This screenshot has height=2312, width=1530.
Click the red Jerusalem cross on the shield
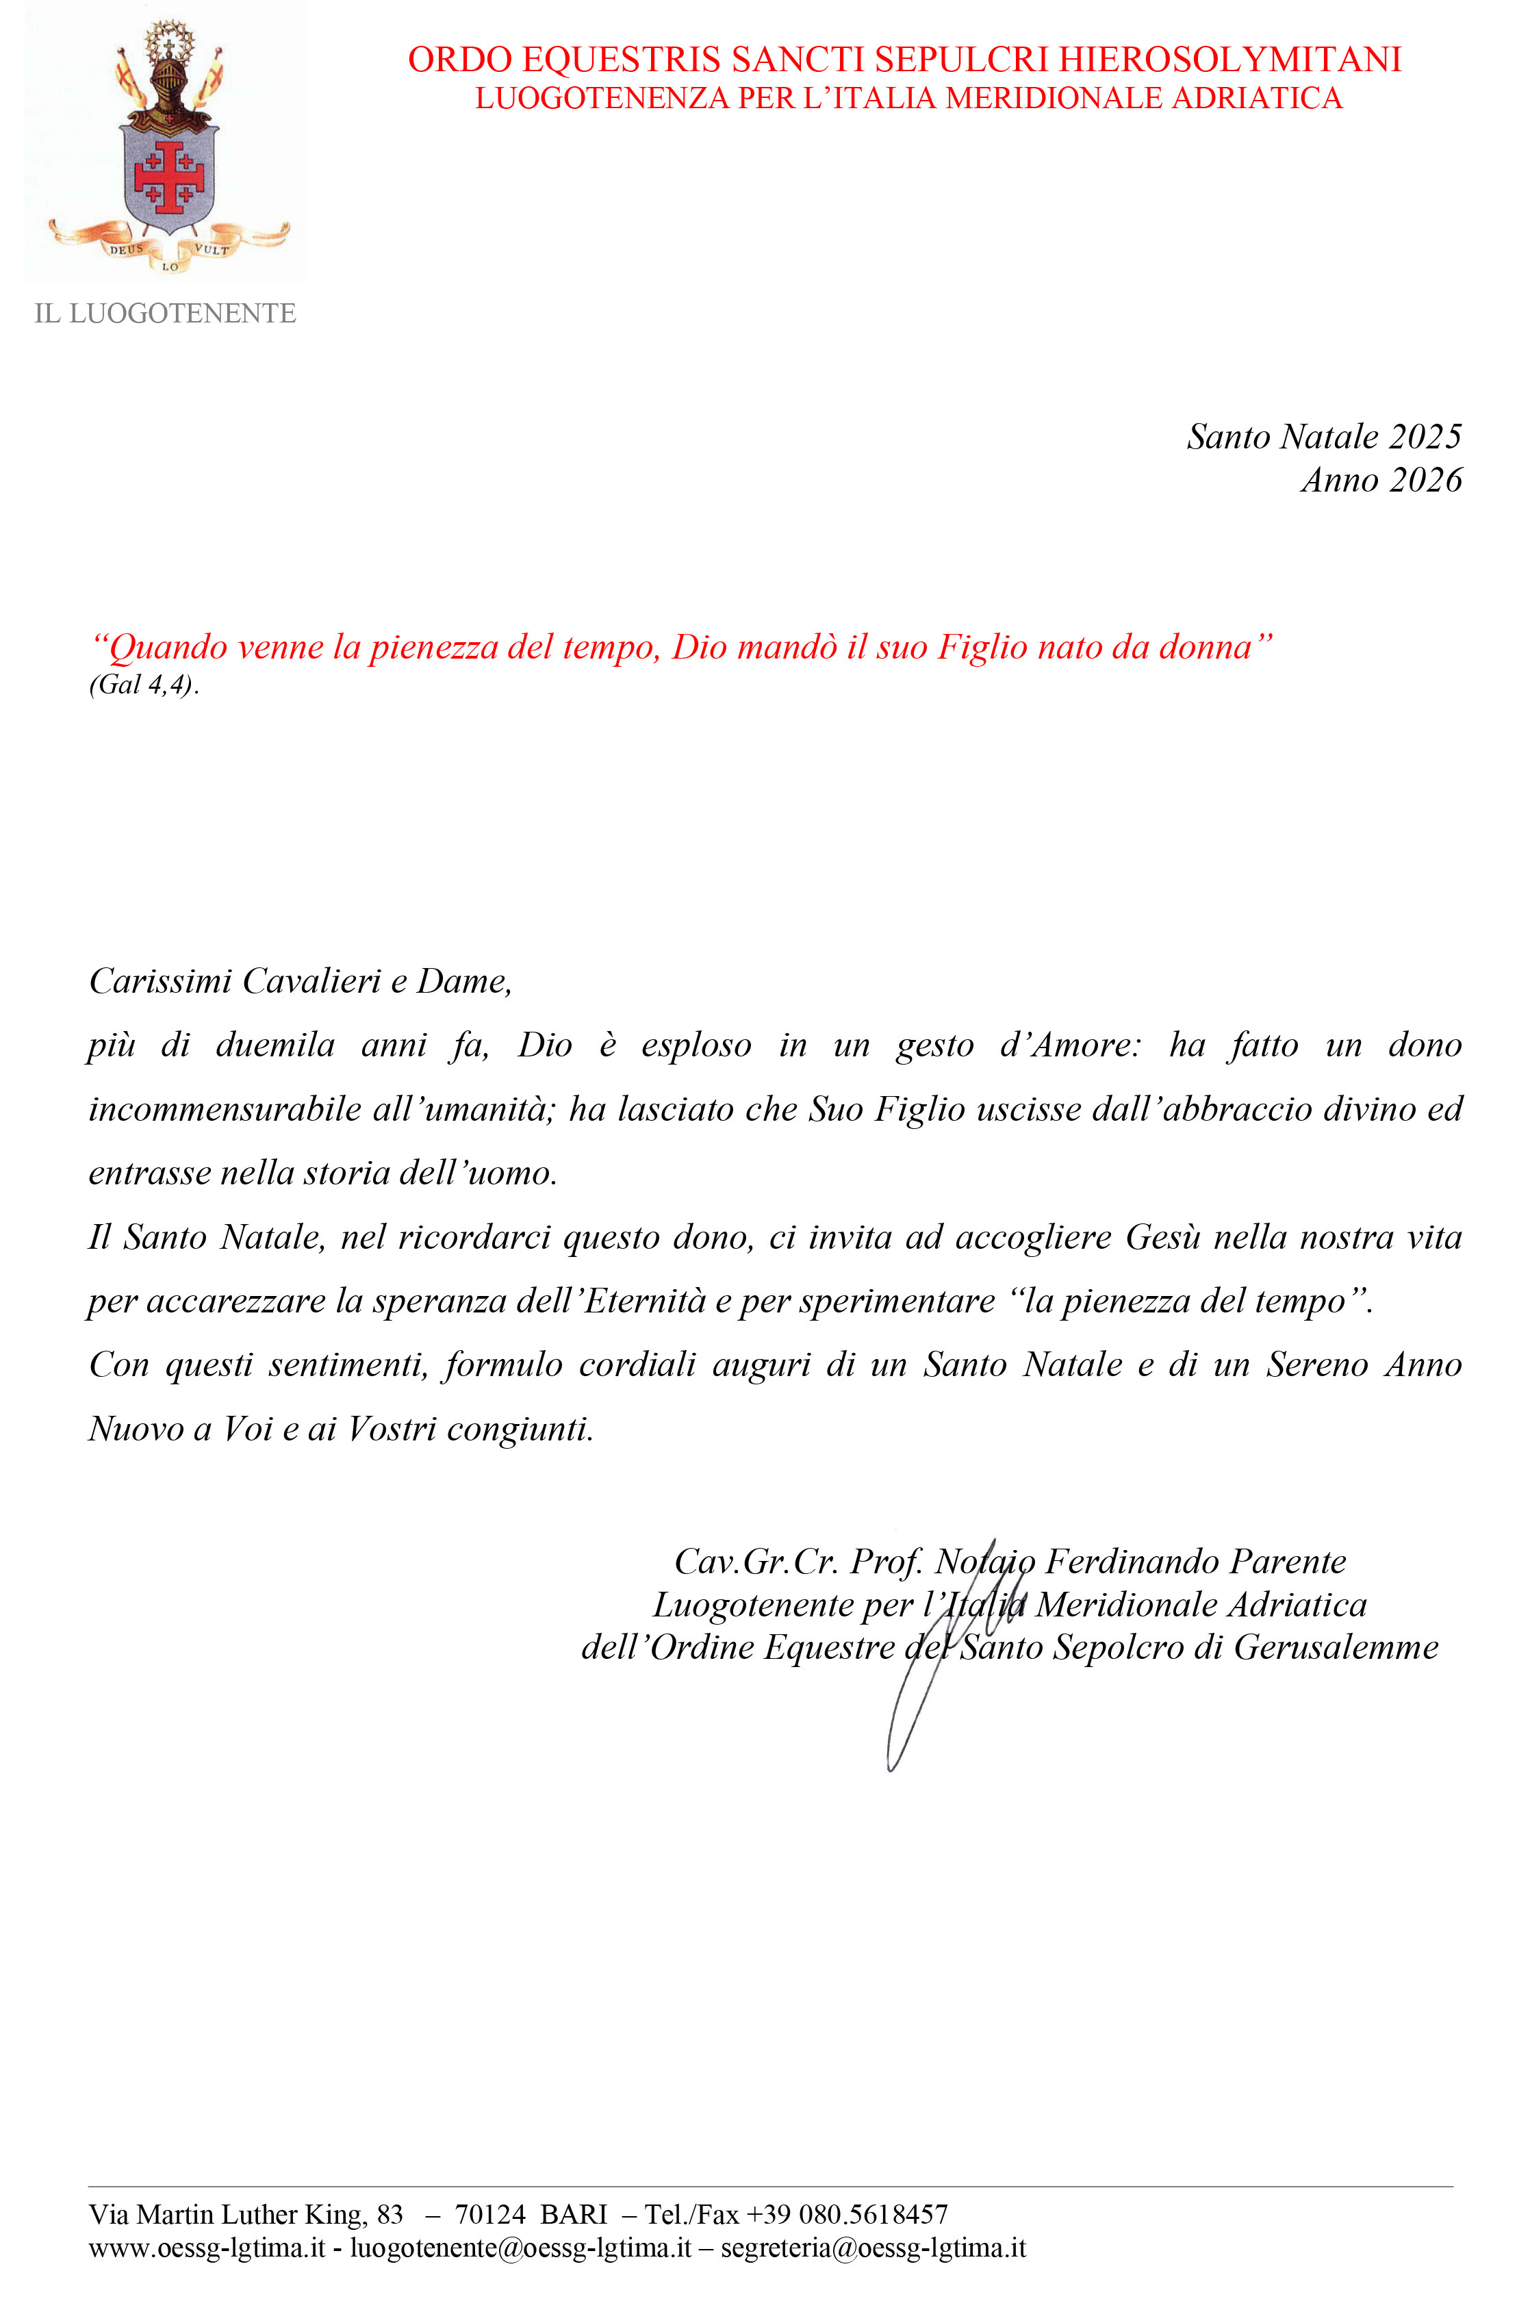[x=169, y=177]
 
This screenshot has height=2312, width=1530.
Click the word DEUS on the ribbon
[x=126, y=249]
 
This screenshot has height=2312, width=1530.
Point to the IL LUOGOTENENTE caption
[x=165, y=314]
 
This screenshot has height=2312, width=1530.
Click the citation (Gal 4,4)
[x=144, y=685]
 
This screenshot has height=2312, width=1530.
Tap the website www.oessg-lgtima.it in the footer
[x=206, y=2248]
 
